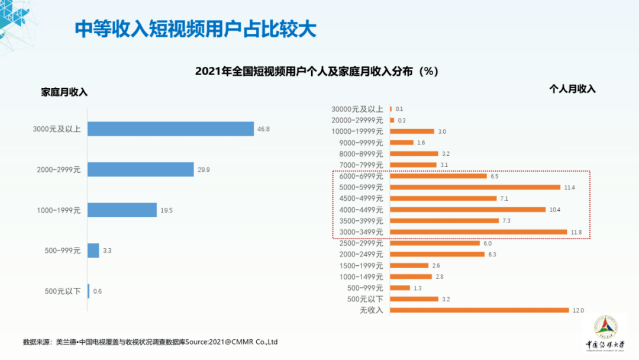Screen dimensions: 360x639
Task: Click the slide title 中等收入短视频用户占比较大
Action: pyautogui.click(x=196, y=28)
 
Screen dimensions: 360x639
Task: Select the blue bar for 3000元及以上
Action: pyautogui.click(x=170, y=129)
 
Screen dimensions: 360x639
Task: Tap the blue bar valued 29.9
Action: pyautogui.click(x=141, y=169)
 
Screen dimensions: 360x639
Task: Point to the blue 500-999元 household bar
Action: pyautogui.click(x=93, y=250)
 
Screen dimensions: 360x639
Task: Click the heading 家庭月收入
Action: pyautogui.click(x=64, y=92)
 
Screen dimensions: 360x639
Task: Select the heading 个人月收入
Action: pyautogui.click(x=572, y=89)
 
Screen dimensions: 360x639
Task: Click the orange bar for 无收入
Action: pyautogui.click(x=479, y=310)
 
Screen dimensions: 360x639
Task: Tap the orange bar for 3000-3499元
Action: pyautogui.click(x=478, y=232)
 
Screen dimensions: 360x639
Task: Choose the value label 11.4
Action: pyautogui.click(x=569, y=187)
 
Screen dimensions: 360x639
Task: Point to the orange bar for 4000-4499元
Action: pyautogui.click(x=467, y=210)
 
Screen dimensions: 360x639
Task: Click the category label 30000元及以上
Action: pyautogui.click(x=357, y=109)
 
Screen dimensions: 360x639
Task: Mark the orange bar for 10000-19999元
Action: pyautogui.click(x=412, y=131)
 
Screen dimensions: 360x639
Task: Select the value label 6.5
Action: pyautogui.click(x=495, y=176)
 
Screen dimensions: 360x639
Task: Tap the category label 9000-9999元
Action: pyautogui.click(x=362, y=143)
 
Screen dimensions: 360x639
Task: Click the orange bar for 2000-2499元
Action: pyautogui.click(x=437, y=255)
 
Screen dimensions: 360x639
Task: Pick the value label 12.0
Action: pyautogui.click(x=577, y=310)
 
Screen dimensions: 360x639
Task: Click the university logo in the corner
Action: pyautogui.click(x=603, y=332)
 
